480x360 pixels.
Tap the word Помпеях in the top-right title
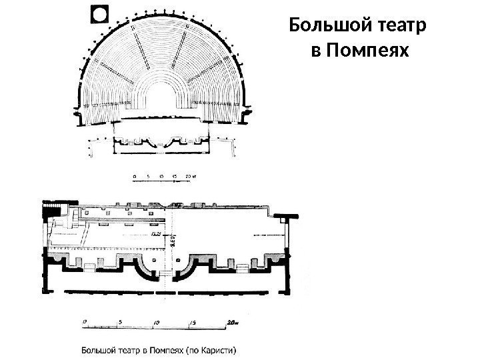tap(364, 51)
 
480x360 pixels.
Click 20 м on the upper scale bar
tap(191, 177)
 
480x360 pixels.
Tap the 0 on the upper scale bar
tap(134, 177)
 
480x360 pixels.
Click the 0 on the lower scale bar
tap(85, 321)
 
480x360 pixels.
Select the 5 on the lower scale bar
tap(119, 321)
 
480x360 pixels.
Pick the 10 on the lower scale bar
tap(155, 321)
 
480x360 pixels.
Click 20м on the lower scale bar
tap(231, 321)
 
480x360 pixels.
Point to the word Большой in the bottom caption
tap(100, 347)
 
